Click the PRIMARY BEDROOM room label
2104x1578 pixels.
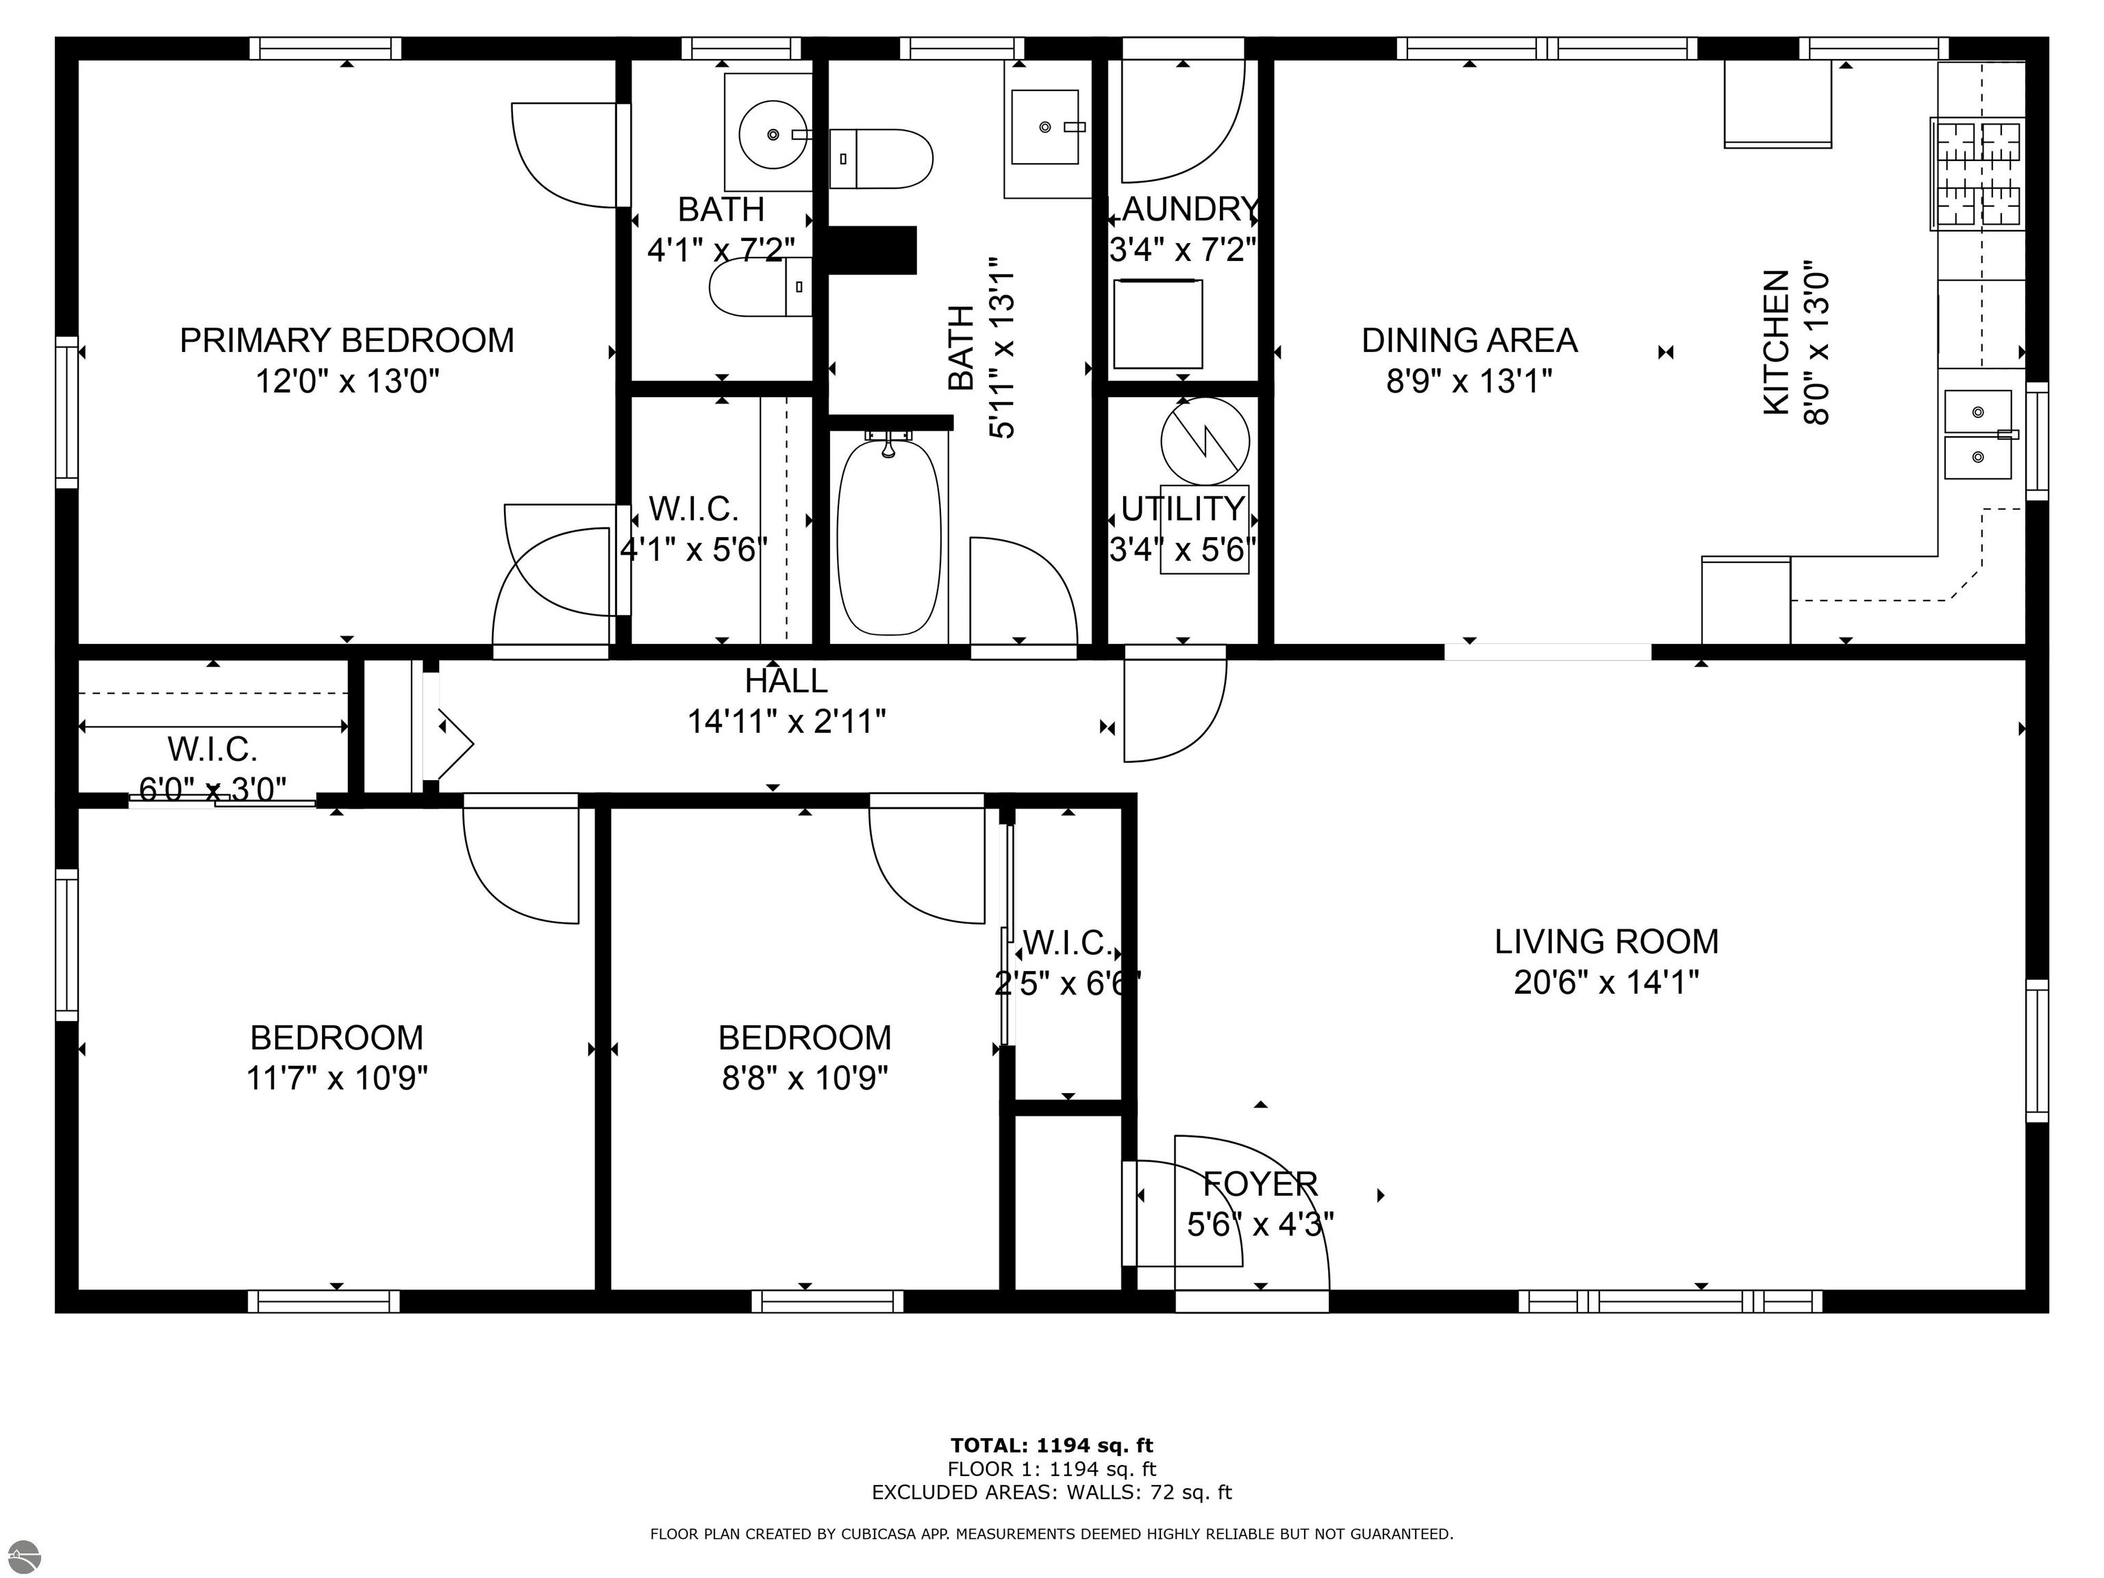tap(347, 340)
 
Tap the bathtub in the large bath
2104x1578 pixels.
tap(890, 536)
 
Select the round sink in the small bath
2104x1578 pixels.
tap(773, 134)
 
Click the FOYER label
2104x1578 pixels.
tap(1260, 1184)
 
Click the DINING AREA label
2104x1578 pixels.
tap(1470, 340)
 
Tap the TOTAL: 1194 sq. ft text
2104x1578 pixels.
tap(1052, 1446)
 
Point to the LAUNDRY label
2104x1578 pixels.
tap(1183, 208)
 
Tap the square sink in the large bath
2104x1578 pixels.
tap(1044, 127)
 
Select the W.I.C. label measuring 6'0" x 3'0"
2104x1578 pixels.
tap(213, 749)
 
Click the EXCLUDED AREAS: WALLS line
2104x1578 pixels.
tap(1052, 1492)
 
